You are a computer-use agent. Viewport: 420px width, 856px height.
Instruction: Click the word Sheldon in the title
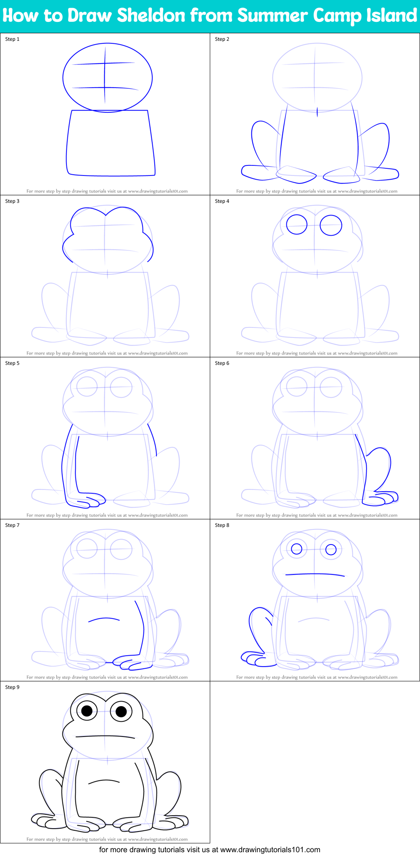click(151, 16)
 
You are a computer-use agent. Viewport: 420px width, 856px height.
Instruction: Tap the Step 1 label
click(12, 39)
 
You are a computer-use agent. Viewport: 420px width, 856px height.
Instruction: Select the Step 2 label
click(222, 39)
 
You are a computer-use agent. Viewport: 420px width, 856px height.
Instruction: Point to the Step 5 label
click(12, 363)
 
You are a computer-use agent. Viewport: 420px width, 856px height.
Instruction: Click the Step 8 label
click(222, 525)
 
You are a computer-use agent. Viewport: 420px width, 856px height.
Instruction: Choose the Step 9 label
click(12, 687)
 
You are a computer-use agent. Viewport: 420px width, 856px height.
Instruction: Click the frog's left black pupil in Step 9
click(87, 711)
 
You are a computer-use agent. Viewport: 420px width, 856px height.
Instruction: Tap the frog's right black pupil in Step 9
click(121, 712)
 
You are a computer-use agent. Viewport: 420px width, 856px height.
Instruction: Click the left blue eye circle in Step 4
click(297, 225)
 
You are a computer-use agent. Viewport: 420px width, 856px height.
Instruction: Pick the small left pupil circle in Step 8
click(296, 549)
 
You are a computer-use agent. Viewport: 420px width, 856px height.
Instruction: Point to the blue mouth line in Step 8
click(315, 574)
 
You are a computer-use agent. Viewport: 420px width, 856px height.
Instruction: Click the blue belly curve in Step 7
click(104, 619)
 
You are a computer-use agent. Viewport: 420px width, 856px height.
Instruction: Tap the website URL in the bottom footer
click(270, 850)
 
